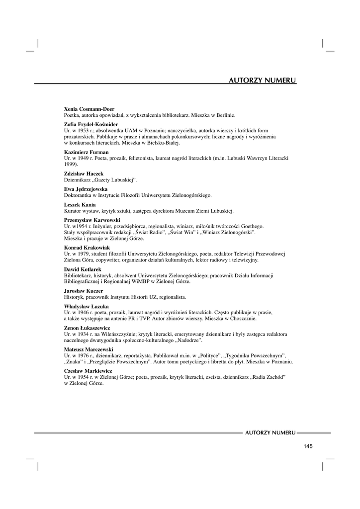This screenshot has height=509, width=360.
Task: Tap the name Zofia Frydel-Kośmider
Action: pos(91,124)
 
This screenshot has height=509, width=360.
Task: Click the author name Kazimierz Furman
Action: pos(87,152)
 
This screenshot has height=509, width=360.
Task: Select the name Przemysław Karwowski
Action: pos(92,220)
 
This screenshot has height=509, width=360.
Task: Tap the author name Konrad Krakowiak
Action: pos(88,248)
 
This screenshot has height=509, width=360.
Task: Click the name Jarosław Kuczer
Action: pos(84,291)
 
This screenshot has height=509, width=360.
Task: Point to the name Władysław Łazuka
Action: pos(87,306)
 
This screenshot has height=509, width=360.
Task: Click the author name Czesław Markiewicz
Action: pos(88,371)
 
